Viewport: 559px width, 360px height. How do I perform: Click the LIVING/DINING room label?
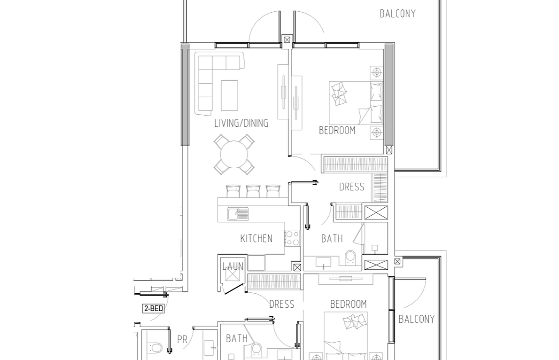coord(241,124)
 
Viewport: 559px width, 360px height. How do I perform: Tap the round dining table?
coord(234,155)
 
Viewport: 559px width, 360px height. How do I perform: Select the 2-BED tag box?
coord(154,308)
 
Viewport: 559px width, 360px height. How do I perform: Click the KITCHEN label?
coord(256,238)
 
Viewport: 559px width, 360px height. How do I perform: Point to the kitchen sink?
coord(238,214)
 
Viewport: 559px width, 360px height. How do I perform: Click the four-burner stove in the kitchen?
coord(292,238)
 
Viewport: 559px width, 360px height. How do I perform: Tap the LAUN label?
coord(233,266)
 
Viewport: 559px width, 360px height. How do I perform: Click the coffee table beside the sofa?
coord(229,95)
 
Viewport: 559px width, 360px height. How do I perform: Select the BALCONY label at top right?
coord(397,14)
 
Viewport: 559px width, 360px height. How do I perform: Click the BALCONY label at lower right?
coord(416,319)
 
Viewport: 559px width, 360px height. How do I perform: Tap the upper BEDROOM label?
coord(337,131)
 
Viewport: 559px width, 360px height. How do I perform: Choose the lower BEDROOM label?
coord(348,305)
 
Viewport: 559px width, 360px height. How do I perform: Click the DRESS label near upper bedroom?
coord(351,187)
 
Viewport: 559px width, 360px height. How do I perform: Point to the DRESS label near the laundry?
coord(282,305)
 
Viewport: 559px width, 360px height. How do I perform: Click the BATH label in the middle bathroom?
coord(332,238)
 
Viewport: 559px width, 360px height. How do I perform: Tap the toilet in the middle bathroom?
coord(350,257)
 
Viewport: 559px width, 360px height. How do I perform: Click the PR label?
coord(182,339)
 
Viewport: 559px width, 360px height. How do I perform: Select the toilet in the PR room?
coord(155,347)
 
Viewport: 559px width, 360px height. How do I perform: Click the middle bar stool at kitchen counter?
coord(253,191)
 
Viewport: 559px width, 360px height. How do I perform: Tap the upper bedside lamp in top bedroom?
coord(377,73)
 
